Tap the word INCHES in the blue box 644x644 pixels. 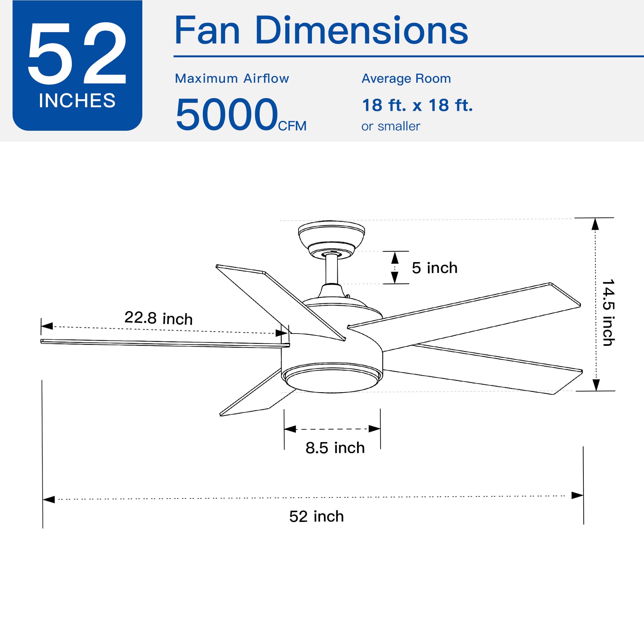click(x=77, y=100)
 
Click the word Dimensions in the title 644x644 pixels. click(x=361, y=31)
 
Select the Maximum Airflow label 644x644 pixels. click(x=232, y=79)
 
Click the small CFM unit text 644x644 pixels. click(x=292, y=126)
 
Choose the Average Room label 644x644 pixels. click(x=406, y=79)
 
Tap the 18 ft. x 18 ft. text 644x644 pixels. click(x=417, y=105)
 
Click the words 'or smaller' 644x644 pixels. click(x=391, y=126)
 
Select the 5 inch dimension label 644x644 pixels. click(x=434, y=268)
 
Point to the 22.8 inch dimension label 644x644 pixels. click(x=159, y=318)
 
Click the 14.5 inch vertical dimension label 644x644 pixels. click(x=608, y=312)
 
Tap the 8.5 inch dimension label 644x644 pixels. click(x=335, y=448)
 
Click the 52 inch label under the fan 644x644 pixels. click(x=316, y=516)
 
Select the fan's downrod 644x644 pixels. click(x=332, y=269)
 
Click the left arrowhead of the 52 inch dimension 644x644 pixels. click(x=49, y=499)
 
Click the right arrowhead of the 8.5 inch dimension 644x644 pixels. click(x=375, y=429)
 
